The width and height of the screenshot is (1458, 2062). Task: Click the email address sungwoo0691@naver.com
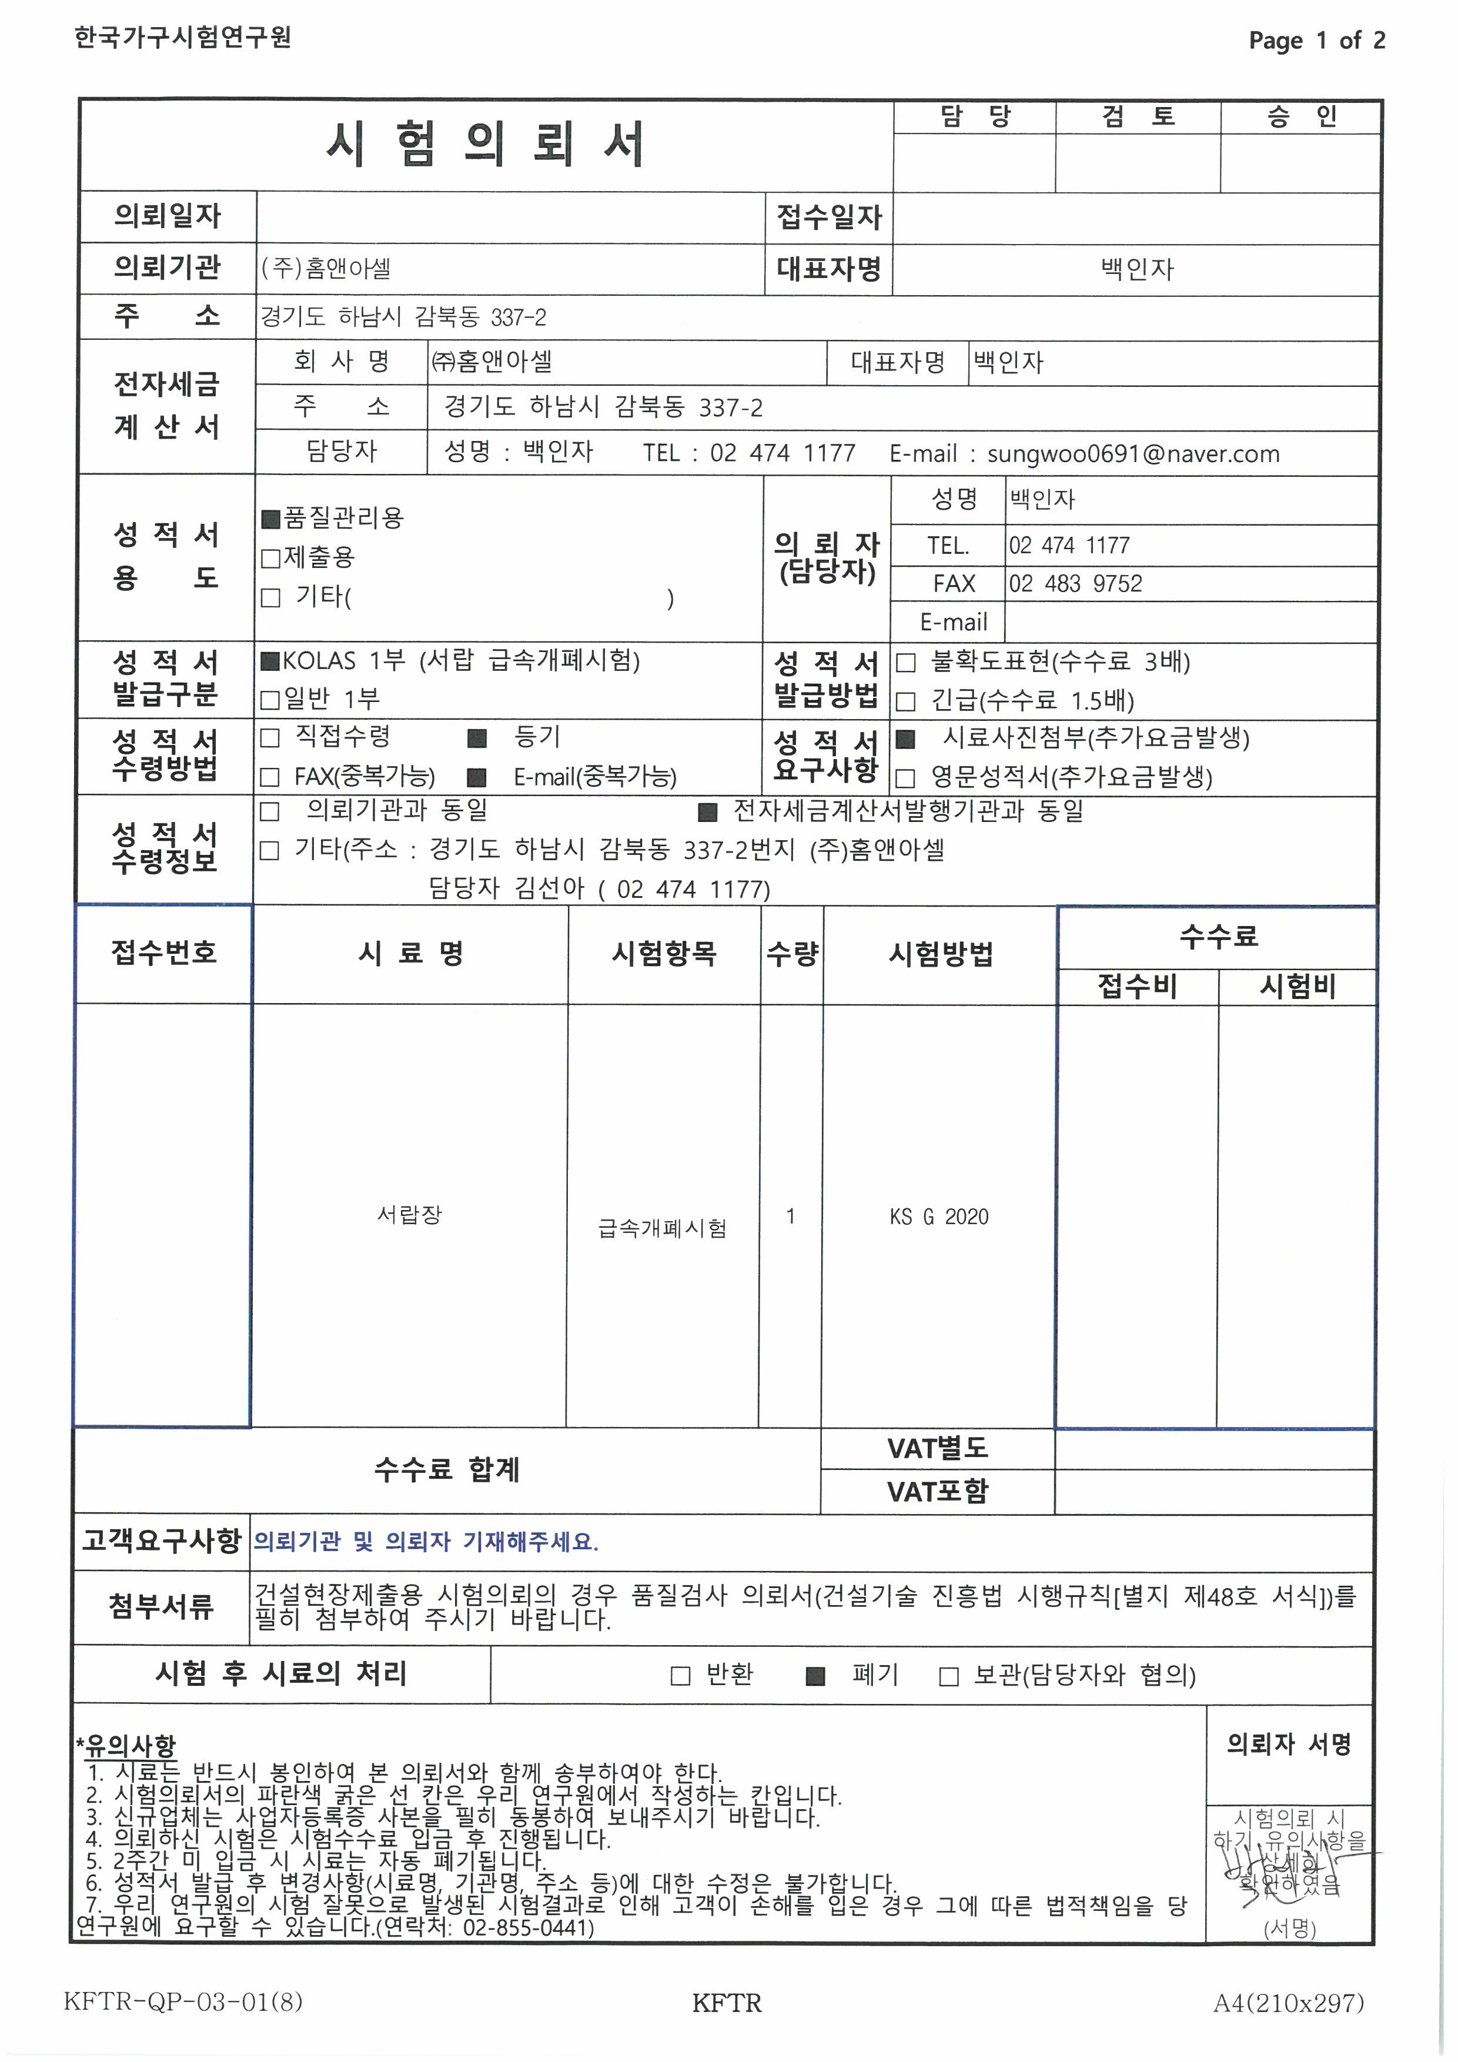(1133, 454)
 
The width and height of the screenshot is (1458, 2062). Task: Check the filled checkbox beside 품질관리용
(270, 518)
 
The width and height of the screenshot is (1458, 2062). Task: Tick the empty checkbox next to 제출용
(270, 559)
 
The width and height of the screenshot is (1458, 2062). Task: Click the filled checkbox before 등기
(477, 738)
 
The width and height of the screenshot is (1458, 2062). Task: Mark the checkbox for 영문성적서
(906, 778)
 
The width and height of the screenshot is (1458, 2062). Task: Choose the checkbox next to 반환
(681, 1676)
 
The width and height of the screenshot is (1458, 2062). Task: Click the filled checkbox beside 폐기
(815, 1676)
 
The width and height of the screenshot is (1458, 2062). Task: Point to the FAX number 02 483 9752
(1075, 584)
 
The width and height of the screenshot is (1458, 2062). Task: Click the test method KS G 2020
(939, 1217)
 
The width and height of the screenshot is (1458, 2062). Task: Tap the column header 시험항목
(664, 954)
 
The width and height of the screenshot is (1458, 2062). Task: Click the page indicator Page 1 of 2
(1316, 41)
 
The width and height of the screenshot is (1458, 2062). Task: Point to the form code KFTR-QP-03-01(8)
(183, 2003)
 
